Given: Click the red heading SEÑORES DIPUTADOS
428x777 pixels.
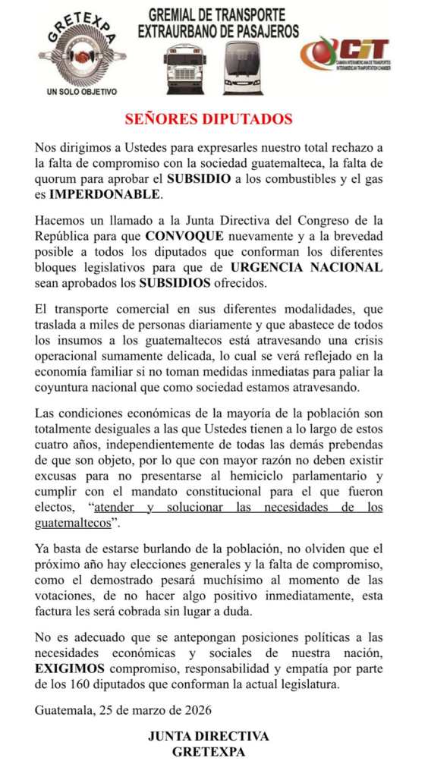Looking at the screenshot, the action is (x=208, y=119).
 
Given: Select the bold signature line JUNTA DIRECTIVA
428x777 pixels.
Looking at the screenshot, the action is (x=208, y=735).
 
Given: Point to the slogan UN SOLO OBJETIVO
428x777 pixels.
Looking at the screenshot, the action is (x=82, y=92).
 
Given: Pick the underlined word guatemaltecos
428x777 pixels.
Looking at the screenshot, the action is (x=73, y=522).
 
